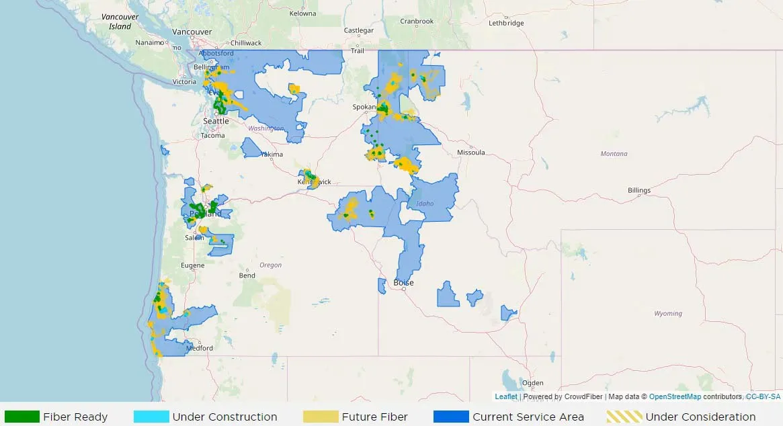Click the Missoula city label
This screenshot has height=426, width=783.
[470, 153]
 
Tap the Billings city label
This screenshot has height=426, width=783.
[639, 190]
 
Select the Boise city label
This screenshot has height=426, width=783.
[404, 283]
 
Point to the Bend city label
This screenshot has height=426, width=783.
[247, 275]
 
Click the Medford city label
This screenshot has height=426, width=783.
[200, 348]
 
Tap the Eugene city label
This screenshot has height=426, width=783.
[193, 265]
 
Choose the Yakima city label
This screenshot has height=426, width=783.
[272, 155]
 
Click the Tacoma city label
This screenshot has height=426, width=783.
[213, 136]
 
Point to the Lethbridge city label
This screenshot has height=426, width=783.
[506, 23]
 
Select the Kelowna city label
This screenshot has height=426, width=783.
[302, 13]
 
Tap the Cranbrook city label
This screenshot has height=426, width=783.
[417, 21]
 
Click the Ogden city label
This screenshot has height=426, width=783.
[533, 383]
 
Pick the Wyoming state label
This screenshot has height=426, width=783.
[668, 314]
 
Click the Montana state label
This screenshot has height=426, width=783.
[614, 154]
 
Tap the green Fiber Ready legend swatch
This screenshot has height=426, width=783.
[22, 417]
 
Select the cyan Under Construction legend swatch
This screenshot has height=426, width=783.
[151, 417]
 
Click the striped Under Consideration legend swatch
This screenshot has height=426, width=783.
[624, 417]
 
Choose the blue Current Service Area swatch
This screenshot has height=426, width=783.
[451, 417]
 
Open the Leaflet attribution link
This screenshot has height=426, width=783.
[506, 397]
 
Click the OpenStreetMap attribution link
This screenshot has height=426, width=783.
[675, 397]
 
